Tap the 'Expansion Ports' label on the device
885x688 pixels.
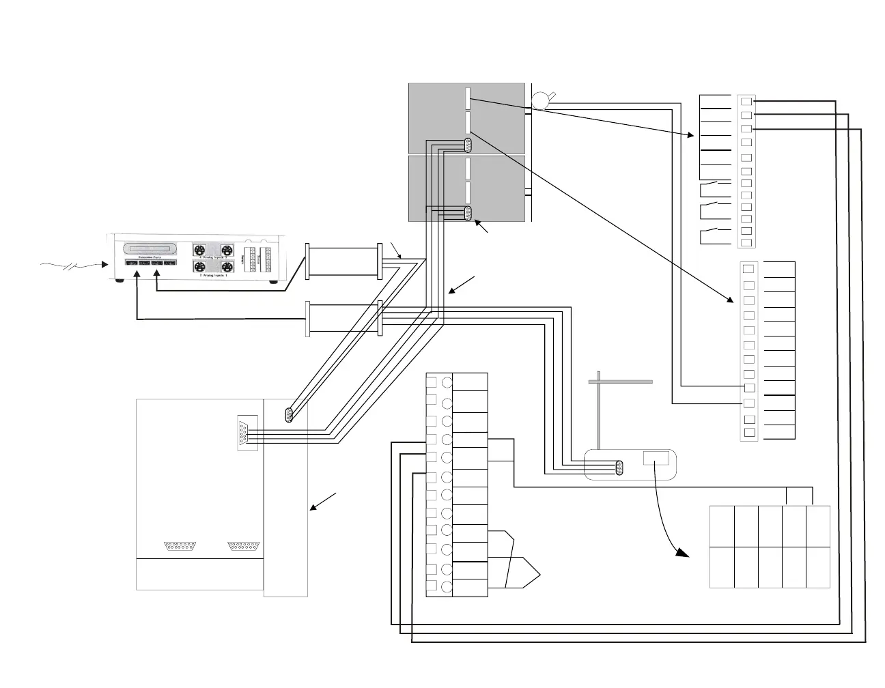click(x=150, y=257)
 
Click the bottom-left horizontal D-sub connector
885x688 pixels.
click(x=181, y=546)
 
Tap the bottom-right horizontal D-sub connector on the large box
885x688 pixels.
click(x=244, y=546)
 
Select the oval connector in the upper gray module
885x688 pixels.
click(x=468, y=145)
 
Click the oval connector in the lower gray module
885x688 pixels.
click(x=468, y=213)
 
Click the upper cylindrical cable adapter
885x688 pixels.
click(x=343, y=260)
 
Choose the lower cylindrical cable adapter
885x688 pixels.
click(x=343, y=319)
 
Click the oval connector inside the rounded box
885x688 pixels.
click(x=619, y=468)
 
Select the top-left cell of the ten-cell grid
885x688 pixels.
click(x=722, y=526)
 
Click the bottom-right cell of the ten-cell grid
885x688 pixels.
click(x=818, y=567)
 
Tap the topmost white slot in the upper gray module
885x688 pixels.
click(x=468, y=98)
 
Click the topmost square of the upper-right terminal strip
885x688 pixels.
click(x=746, y=101)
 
